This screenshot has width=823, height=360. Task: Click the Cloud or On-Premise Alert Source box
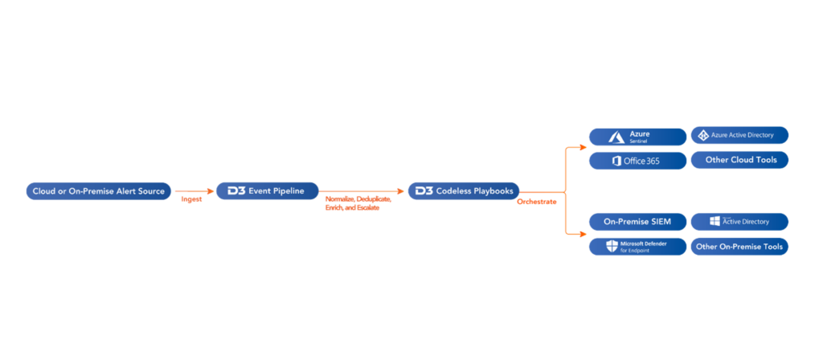click(99, 191)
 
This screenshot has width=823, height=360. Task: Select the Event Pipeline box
click(268, 191)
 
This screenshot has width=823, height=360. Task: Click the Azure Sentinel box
click(637, 136)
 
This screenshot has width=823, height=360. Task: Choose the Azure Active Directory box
click(739, 135)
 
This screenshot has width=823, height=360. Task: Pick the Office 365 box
click(637, 161)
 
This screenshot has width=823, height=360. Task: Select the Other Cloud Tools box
click(739, 160)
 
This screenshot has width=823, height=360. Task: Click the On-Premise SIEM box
click(637, 222)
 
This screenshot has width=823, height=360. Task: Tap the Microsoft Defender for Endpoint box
click(637, 247)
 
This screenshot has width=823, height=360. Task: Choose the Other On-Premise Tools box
click(739, 247)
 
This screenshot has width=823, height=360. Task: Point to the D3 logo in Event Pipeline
click(235, 191)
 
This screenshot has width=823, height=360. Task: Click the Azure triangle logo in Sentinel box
click(617, 136)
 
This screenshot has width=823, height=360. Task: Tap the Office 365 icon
click(616, 161)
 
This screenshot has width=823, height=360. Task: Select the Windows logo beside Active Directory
click(714, 221)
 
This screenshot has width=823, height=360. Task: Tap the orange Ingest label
click(191, 198)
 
